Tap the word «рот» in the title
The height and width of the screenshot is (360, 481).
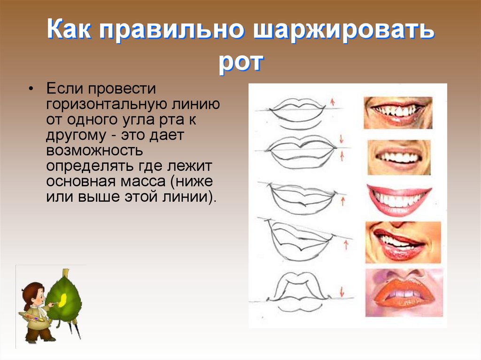(240, 62)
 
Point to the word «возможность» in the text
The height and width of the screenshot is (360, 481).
(94, 151)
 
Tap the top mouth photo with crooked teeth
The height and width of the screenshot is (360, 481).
(398, 113)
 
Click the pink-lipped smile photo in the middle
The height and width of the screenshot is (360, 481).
(399, 199)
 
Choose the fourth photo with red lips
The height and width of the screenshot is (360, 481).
(403, 242)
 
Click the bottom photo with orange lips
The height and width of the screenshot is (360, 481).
(403, 292)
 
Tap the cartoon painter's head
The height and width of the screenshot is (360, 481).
(33, 294)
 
